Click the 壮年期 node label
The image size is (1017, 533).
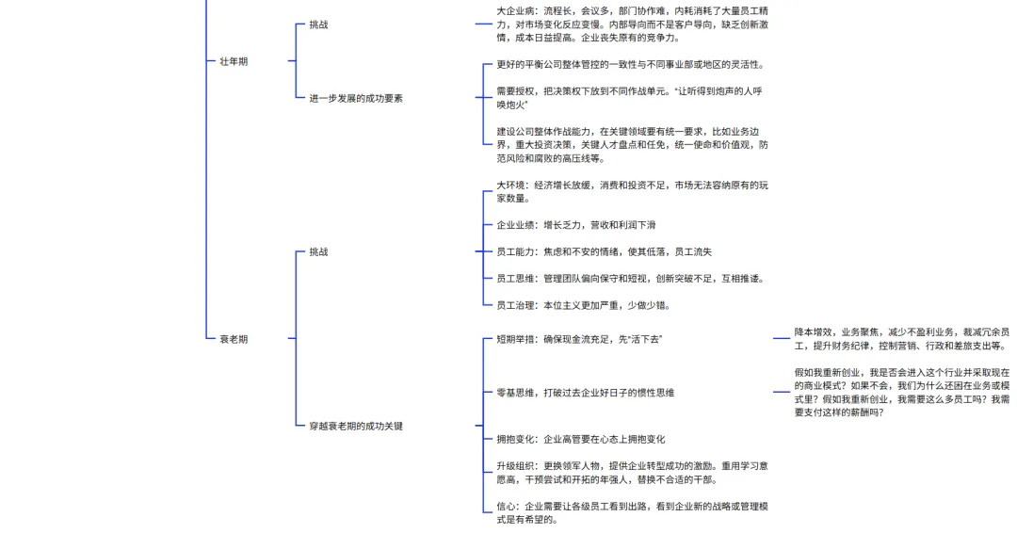(234, 61)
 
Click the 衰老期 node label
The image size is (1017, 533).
(234, 338)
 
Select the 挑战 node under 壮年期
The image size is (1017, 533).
(318, 25)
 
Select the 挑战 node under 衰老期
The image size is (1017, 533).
(318, 251)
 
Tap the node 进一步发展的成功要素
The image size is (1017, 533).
(355, 98)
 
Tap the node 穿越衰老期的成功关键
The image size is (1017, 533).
(355, 426)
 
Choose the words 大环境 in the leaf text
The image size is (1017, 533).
(511, 186)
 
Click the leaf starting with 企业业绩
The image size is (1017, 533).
(575, 225)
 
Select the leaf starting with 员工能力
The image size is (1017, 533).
(604, 251)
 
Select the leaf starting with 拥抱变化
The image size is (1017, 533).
(580, 439)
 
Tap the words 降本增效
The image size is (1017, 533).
(813, 332)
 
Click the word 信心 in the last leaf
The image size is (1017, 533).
(506, 507)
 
